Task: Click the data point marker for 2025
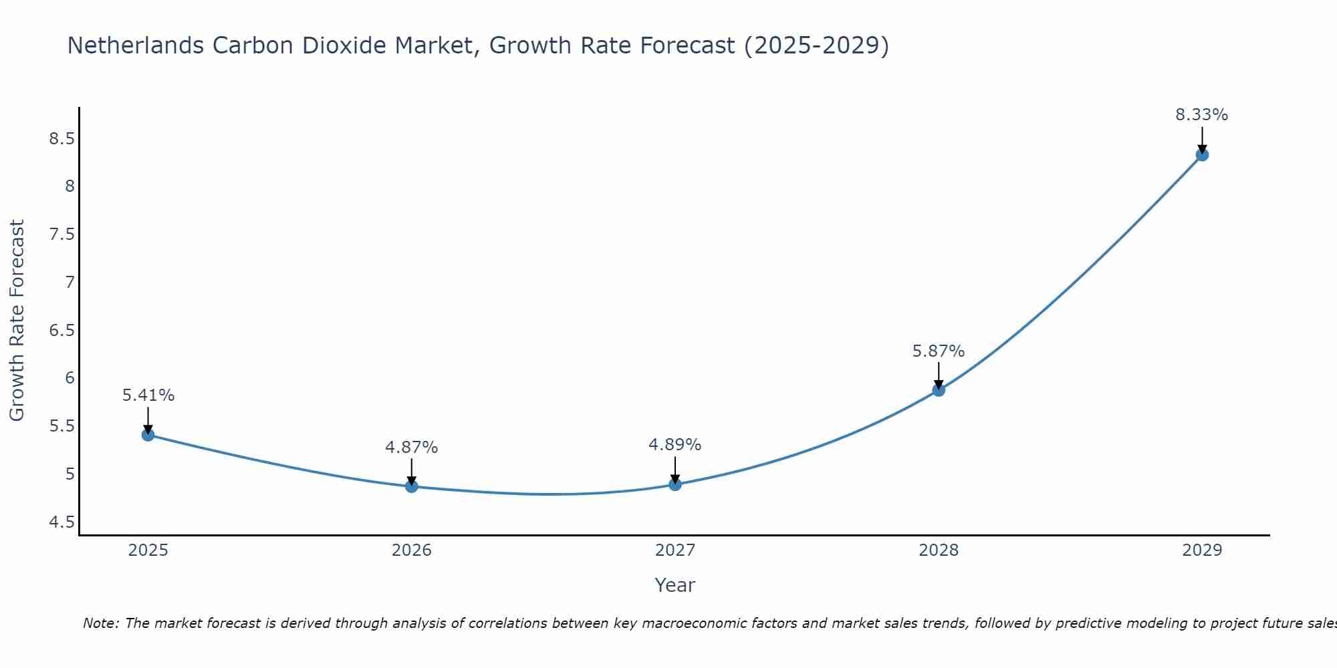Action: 148,435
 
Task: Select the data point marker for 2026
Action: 412,486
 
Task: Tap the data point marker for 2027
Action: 675,484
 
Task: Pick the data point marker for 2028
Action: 939,390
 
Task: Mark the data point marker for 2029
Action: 1202,155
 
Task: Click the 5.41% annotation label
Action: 148,395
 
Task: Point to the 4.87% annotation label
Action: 412,448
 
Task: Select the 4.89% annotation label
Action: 675,445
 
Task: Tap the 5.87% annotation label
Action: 939,351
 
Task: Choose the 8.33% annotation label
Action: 1202,115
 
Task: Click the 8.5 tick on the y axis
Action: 62,139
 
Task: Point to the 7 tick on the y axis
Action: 70,283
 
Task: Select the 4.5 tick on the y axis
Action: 62,522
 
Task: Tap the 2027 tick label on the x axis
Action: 675,550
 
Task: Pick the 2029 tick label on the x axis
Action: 1202,550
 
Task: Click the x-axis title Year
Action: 675,585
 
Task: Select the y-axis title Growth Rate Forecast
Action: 17,321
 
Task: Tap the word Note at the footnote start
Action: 100,623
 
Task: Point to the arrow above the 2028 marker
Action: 939,375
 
